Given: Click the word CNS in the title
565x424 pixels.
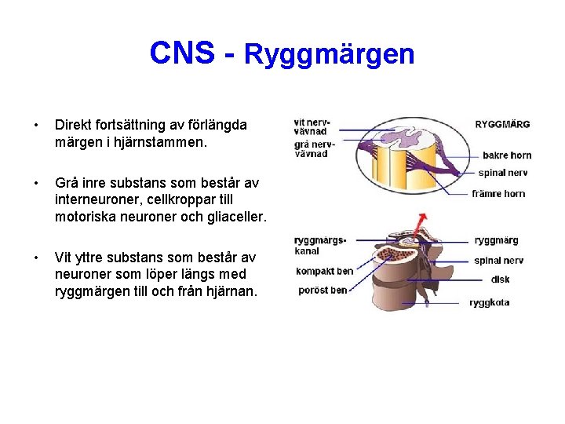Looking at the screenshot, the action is pyautogui.click(x=181, y=53).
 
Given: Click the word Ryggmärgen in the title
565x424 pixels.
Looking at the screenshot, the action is pyautogui.click(x=329, y=54).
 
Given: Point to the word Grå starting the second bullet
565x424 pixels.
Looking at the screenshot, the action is pyautogui.click(x=67, y=183).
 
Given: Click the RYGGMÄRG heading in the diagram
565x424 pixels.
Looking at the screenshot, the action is pyautogui.click(x=502, y=124).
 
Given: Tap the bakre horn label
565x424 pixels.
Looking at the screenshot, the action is pyautogui.click(x=506, y=155).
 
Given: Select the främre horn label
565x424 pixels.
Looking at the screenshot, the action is pyautogui.click(x=498, y=193).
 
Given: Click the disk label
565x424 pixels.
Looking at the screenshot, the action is pyautogui.click(x=500, y=280).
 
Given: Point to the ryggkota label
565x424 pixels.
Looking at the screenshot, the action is pyautogui.click(x=490, y=303).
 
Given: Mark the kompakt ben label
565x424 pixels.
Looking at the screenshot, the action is pyautogui.click(x=324, y=272).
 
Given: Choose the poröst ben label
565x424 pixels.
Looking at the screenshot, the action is pyautogui.click(x=322, y=291).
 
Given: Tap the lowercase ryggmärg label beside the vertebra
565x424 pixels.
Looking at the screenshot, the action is pyautogui.click(x=496, y=241).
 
